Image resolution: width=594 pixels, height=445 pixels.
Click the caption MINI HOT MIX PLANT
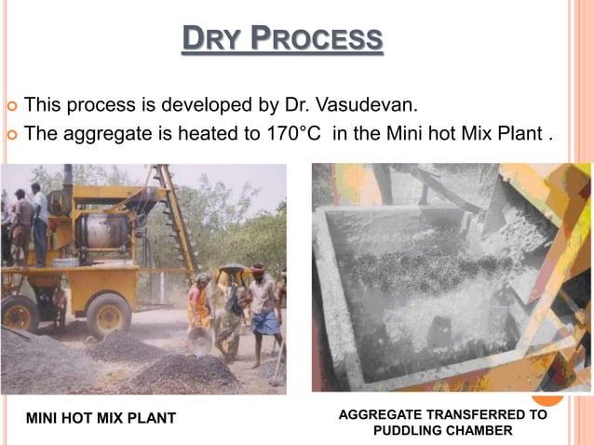(x=101, y=418)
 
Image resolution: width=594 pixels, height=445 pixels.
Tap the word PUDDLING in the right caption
(x=406, y=430)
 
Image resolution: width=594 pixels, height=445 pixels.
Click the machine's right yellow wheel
(x=109, y=316)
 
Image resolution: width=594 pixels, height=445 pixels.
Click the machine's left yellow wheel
(x=20, y=312)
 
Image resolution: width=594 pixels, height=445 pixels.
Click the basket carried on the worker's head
(x=232, y=272)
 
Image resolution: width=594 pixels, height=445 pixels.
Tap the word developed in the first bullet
(x=183, y=102)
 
